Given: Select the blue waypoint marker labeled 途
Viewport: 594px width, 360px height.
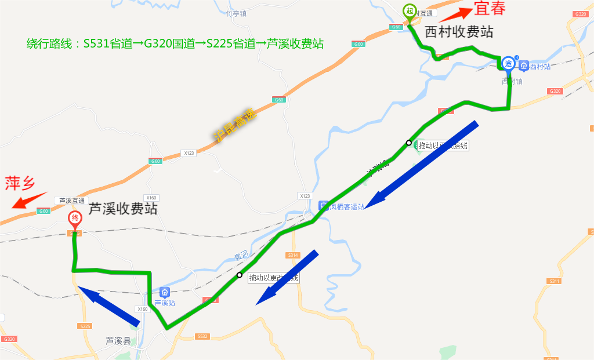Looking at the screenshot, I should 508,63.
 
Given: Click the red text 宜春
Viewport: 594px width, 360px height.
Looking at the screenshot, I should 490,9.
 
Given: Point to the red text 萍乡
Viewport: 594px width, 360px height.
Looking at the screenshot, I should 21,184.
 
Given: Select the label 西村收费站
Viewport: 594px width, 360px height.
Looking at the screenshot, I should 459,32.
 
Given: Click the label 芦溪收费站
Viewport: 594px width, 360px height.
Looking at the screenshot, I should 122,209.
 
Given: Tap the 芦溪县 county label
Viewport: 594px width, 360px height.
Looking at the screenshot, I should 118,341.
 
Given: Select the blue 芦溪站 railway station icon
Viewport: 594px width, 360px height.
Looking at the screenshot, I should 164,293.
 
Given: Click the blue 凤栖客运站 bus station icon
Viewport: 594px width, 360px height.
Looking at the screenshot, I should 324,206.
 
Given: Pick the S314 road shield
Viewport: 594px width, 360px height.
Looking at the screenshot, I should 293,255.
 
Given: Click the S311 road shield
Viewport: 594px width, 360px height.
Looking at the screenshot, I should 554,281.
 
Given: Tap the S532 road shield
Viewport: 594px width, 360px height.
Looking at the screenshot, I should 202,336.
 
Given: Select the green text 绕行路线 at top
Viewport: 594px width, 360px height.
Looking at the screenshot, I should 49,43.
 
